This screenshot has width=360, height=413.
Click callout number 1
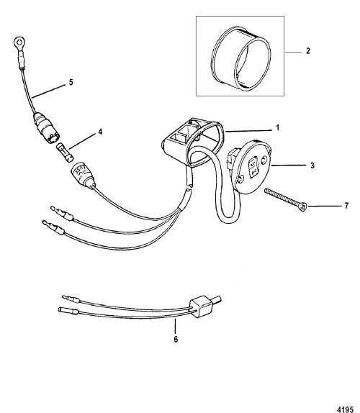tap(277, 128)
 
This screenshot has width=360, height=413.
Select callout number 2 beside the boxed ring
tap(308, 51)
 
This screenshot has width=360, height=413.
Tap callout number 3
tap(312, 165)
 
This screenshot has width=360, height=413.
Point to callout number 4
tap(100, 132)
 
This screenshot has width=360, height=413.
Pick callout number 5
tap(71, 82)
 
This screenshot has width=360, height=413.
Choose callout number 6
tap(176, 340)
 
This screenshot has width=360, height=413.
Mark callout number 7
tap(346, 206)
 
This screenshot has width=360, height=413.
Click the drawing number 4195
tap(345, 409)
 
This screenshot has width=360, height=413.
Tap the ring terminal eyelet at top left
tap(19, 42)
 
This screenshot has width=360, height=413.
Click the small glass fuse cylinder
tap(65, 153)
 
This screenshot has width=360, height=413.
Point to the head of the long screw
tap(303, 207)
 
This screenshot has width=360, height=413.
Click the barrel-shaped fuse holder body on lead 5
tap(46, 127)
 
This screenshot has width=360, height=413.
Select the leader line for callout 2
tap(293, 53)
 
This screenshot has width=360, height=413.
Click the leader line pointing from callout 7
tap(325, 206)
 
